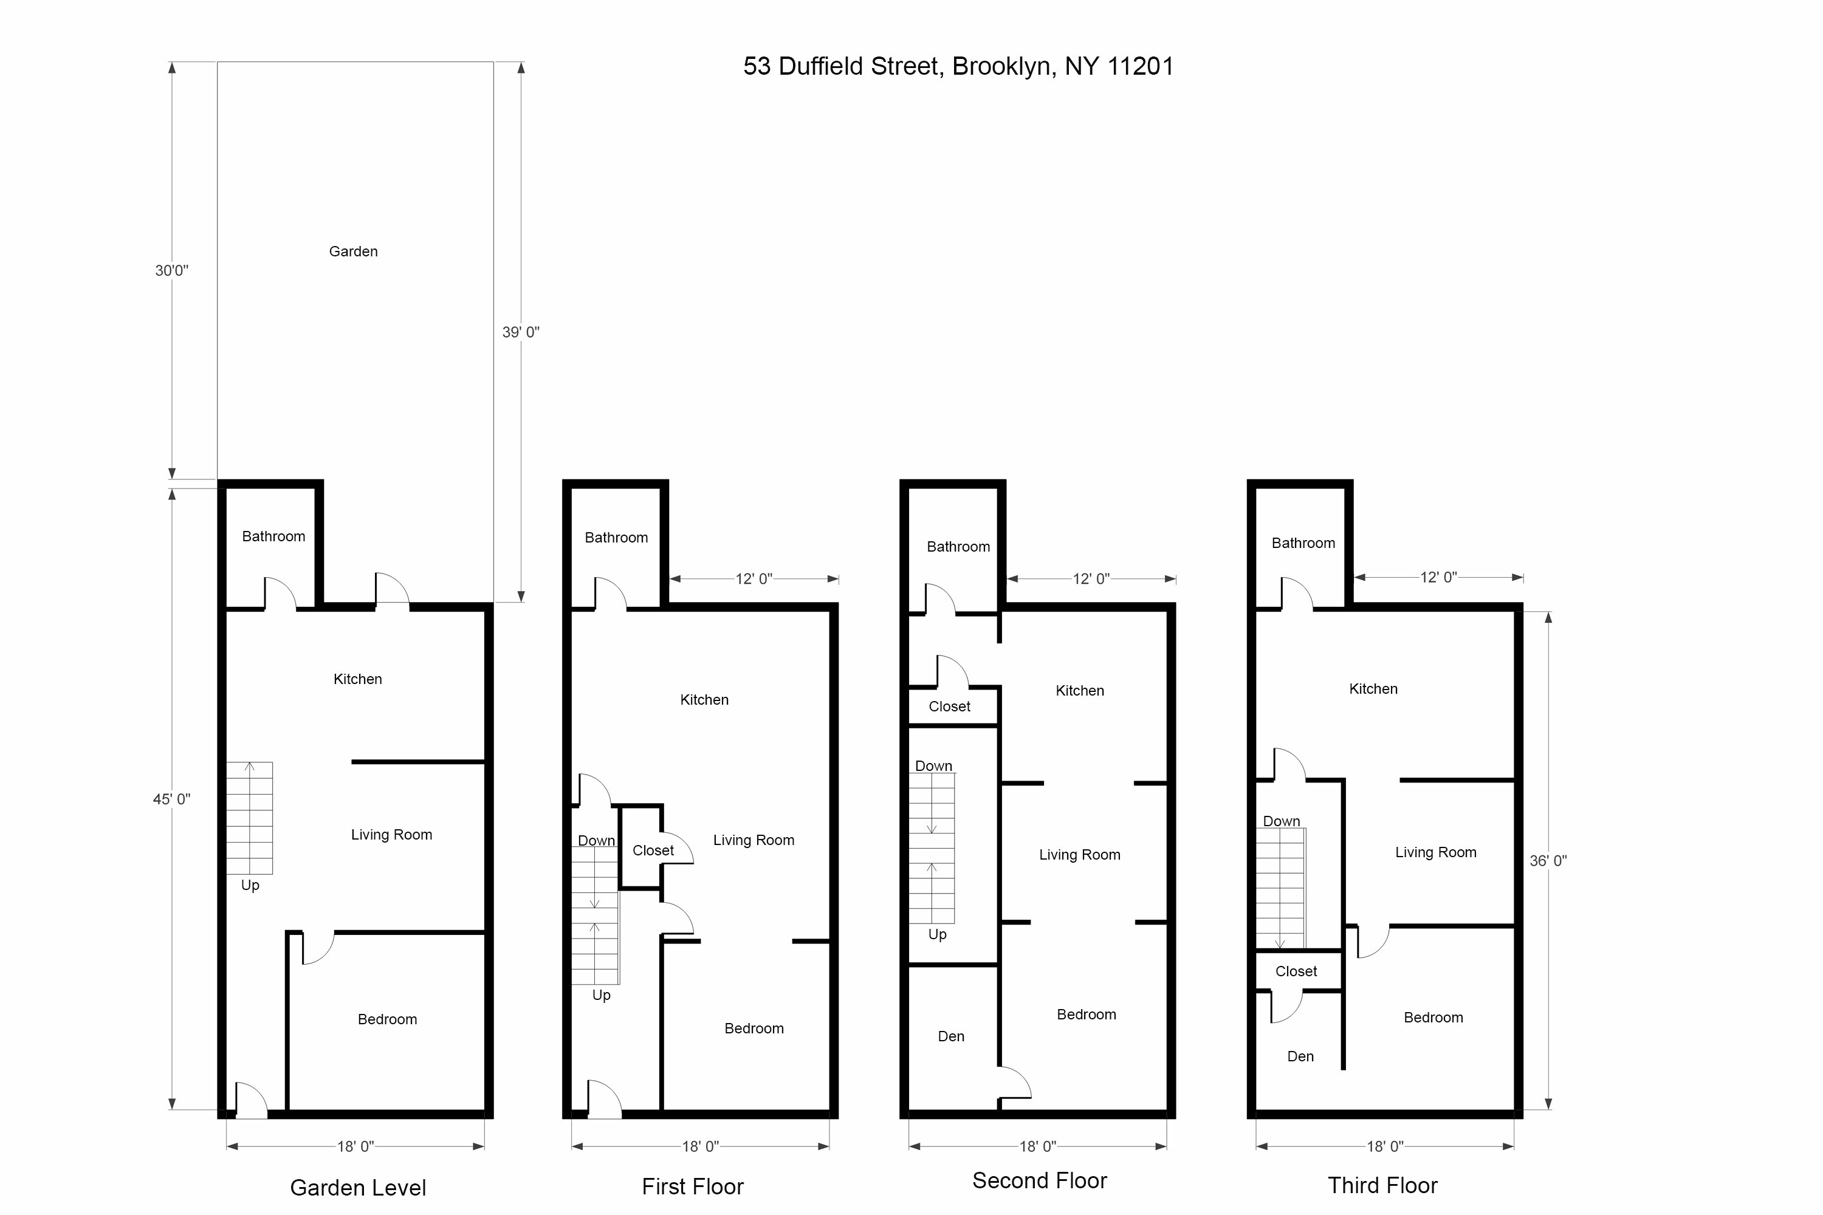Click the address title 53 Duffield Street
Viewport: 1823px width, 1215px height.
coord(958,67)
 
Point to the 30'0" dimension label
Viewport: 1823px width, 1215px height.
coord(171,270)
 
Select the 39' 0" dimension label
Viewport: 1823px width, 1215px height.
coord(521,332)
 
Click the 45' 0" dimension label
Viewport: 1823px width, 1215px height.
coord(171,799)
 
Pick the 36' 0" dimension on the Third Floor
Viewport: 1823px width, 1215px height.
coord(1548,861)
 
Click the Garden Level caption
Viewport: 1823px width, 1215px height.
coord(358,1188)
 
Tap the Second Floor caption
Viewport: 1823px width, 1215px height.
coord(1039,1181)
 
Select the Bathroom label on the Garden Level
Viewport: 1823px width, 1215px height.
coord(273,536)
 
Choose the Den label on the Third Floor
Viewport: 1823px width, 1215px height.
coord(1300,1057)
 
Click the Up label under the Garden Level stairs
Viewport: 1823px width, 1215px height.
coord(250,886)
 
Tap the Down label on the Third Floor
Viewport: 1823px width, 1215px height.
coord(1281,821)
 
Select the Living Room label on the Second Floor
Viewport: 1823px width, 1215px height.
coord(1080,855)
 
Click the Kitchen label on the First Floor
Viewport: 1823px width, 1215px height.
coord(704,700)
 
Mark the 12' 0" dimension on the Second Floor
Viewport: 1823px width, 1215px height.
coord(1091,579)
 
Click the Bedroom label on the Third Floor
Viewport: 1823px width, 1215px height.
coord(1433,1018)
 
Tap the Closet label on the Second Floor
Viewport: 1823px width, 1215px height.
coord(949,707)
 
